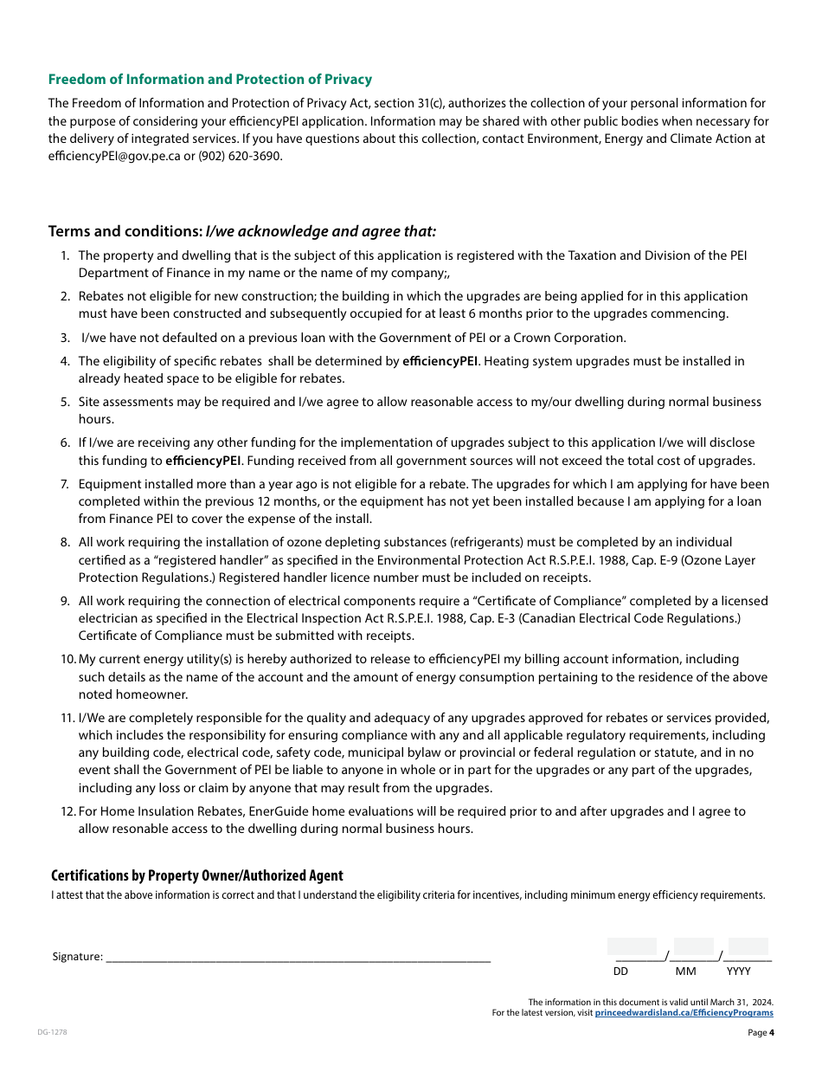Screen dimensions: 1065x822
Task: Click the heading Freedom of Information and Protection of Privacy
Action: point(210,80)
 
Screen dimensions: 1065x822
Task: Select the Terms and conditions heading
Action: point(242,231)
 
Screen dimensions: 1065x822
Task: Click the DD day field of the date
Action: point(632,948)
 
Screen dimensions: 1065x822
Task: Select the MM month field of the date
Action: point(693,948)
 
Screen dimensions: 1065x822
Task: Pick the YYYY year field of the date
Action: point(748,948)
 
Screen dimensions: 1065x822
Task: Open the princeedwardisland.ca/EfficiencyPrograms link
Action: point(684,1012)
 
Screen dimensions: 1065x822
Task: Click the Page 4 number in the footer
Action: point(761,1032)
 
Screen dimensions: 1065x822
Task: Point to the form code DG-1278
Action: point(52,1032)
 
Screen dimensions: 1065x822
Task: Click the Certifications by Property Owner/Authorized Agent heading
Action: point(197,875)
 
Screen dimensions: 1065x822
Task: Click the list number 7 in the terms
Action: point(65,484)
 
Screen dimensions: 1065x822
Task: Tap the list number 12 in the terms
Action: point(67,811)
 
